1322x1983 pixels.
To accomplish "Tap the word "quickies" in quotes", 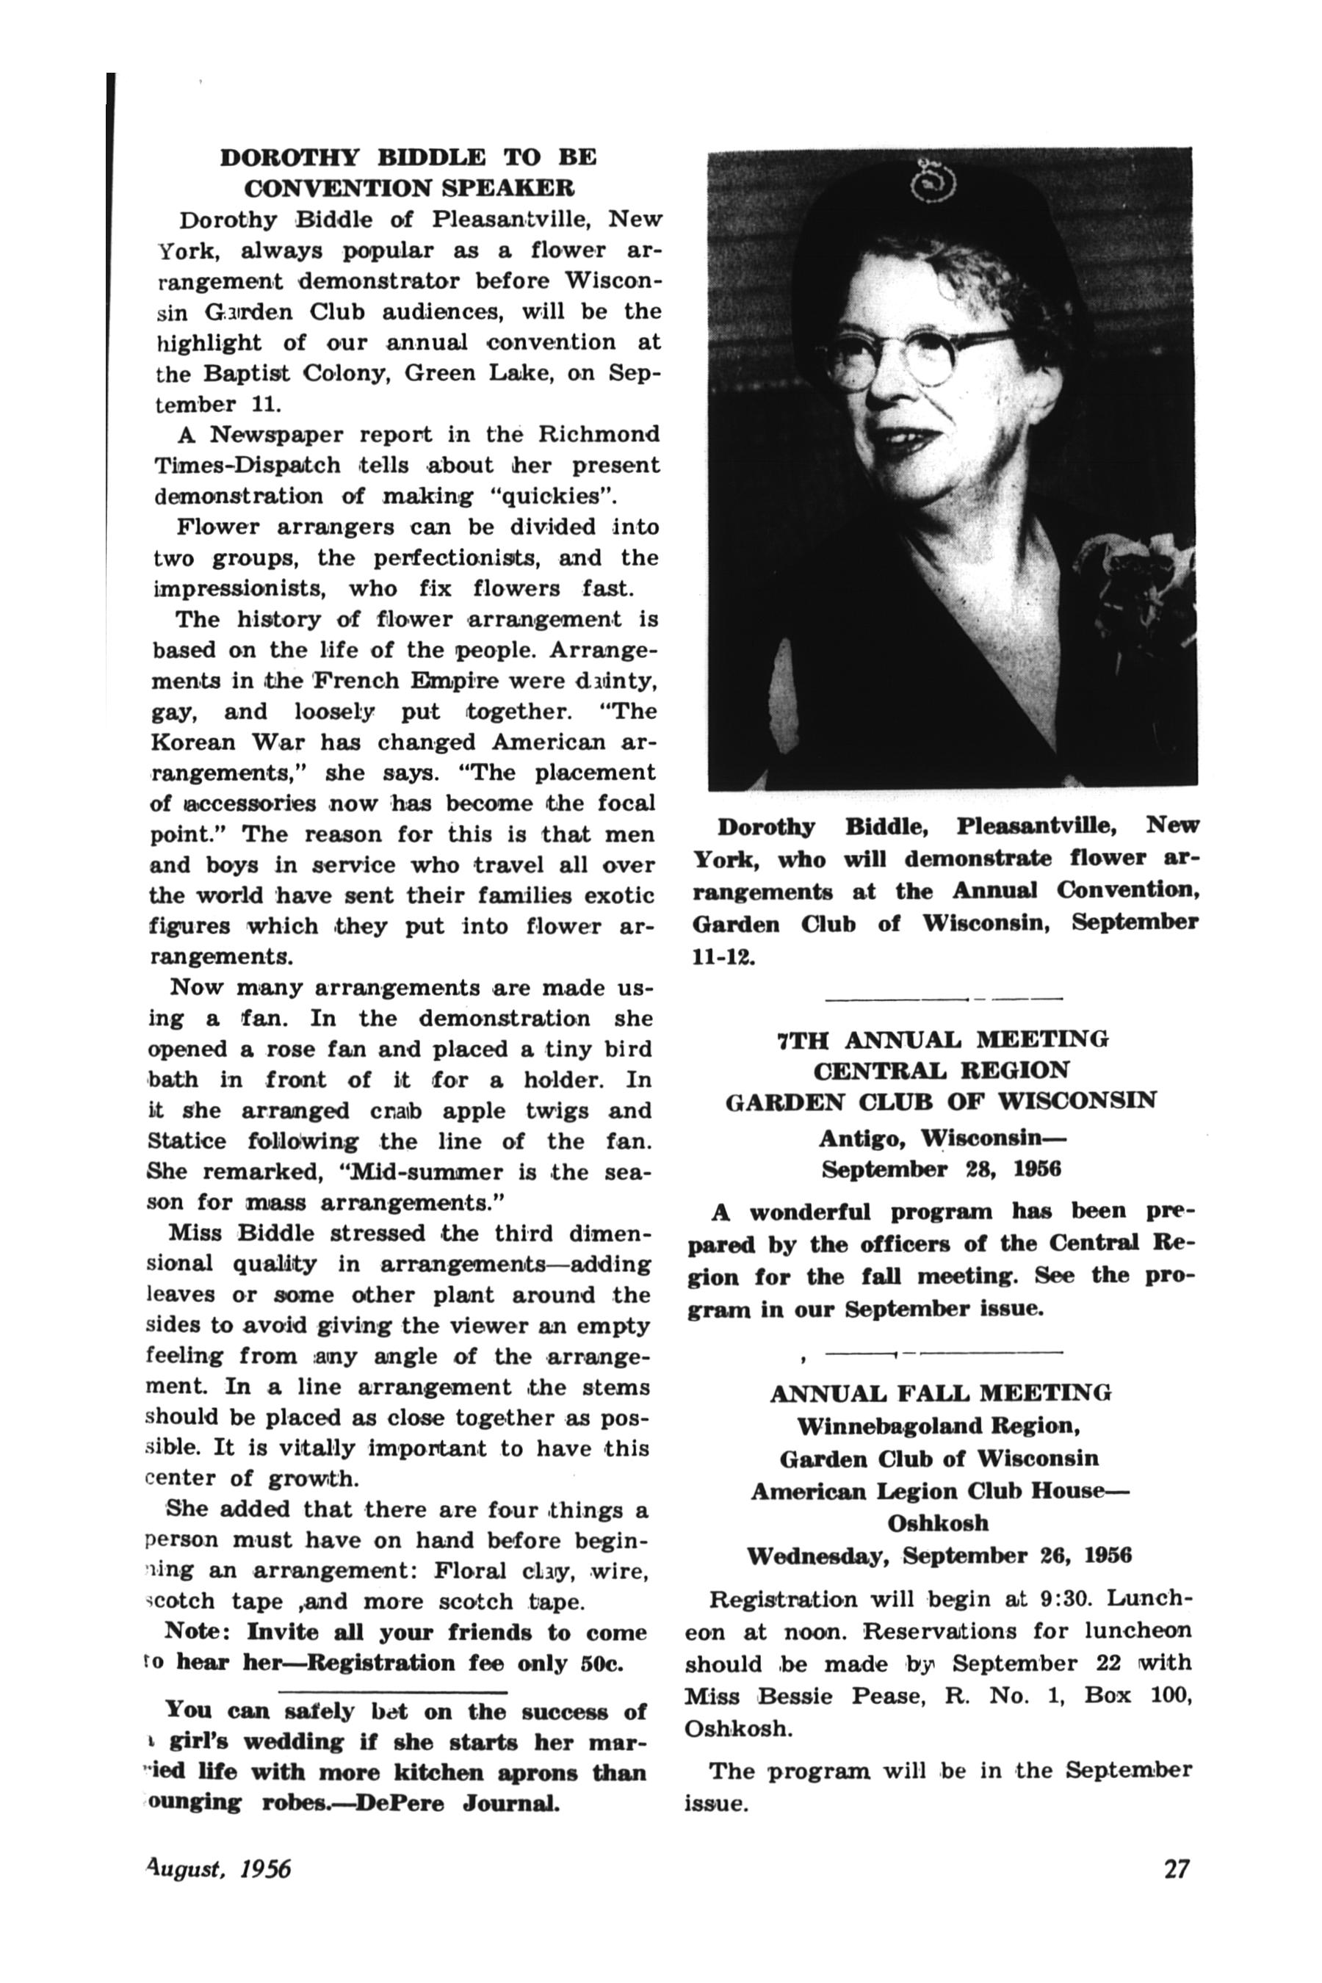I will coord(552,496).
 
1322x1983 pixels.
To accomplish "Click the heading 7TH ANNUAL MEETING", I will coord(942,1039).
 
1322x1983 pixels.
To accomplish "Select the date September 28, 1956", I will coord(941,1170).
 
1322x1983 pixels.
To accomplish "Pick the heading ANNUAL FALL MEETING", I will coord(940,1394).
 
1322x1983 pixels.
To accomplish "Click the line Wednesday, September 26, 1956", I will coord(939,1556).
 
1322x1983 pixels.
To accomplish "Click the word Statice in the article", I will coord(187,1141).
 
